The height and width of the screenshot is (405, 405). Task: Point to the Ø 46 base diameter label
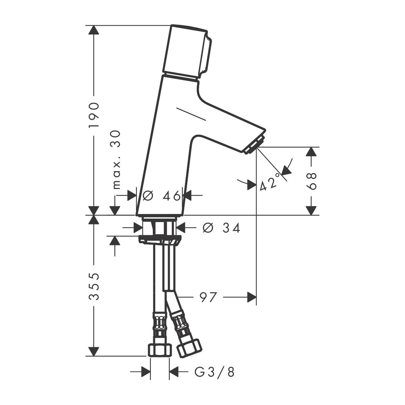pos(161,195)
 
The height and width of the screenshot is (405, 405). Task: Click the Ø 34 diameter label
pos(221,228)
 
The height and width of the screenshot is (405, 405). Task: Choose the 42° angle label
pos(270,182)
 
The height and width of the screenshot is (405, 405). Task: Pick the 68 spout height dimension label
pos(313,181)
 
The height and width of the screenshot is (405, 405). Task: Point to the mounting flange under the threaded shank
pos(159,239)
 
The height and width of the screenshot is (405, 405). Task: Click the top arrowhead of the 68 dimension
pos(313,152)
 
